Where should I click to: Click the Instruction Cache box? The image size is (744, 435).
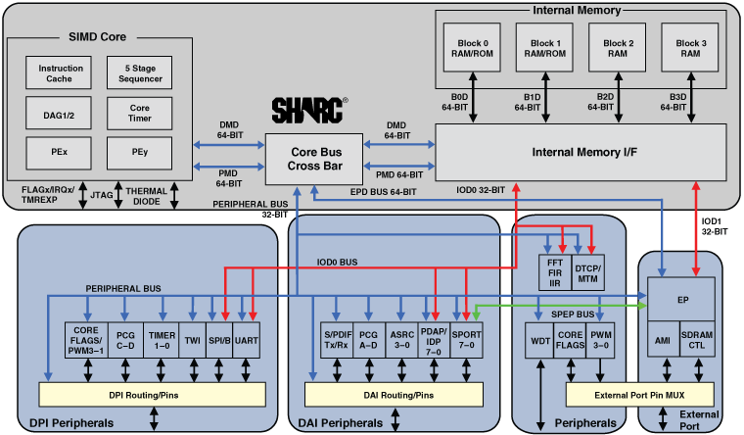[61, 74]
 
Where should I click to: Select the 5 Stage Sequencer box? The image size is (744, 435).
[140, 74]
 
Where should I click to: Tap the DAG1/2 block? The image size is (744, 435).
[61, 114]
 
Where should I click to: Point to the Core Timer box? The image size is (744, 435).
[140, 114]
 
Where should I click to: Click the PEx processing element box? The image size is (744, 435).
[61, 153]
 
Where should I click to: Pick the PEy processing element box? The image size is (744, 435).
[140, 153]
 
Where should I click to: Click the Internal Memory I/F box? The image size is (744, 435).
[581, 153]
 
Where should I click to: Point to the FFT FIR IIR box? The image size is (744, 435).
[555, 272]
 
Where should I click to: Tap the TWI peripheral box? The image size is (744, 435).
[193, 341]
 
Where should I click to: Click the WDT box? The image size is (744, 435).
[539, 342]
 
